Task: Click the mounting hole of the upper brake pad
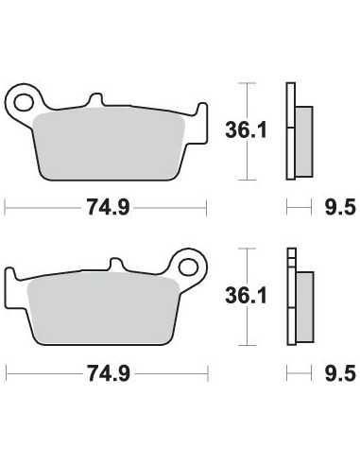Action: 24,102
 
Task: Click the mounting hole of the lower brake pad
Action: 188,267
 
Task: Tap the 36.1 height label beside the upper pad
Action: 246,130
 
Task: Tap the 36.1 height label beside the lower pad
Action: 246,296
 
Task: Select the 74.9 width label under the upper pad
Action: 108,207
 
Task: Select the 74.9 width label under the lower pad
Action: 109,373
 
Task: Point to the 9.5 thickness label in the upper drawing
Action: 340,207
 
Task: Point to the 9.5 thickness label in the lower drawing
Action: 340,373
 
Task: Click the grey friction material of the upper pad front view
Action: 109,144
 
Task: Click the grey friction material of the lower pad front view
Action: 103,308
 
